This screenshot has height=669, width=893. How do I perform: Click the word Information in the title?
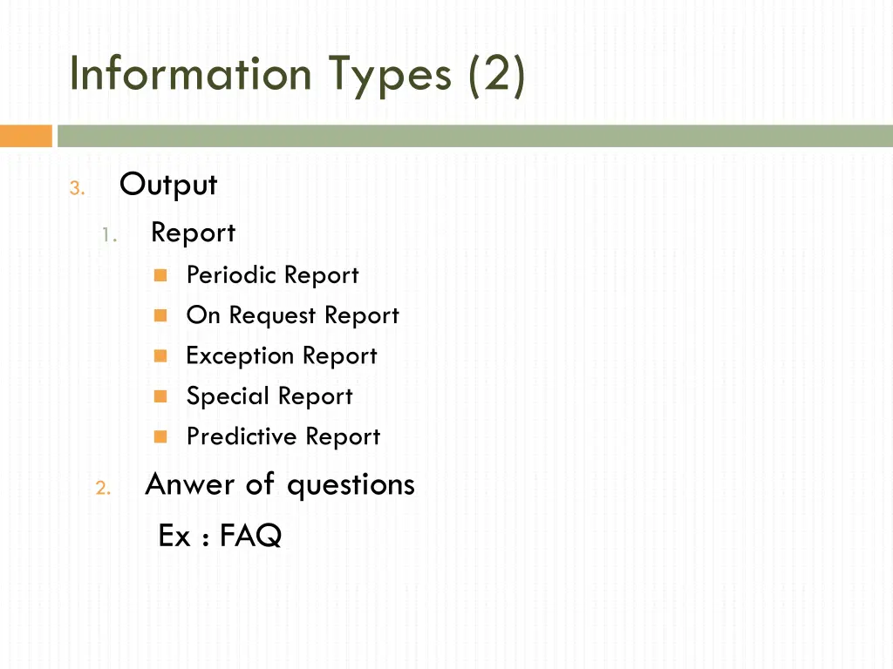tap(190, 73)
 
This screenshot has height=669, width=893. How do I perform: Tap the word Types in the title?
tap(389, 75)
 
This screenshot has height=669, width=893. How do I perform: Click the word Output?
tap(168, 185)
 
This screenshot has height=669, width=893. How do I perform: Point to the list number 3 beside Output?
tap(76, 188)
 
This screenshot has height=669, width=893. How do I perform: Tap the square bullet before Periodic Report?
tap(160, 275)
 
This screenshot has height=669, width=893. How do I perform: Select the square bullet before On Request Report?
tap(160, 315)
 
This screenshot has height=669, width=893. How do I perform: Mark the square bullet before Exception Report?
tap(160, 355)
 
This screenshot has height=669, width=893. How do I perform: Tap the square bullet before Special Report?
tap(160, 395)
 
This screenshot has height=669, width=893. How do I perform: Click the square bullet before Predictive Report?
tap(160, 436)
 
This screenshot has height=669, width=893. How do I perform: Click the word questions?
tap(351, 485)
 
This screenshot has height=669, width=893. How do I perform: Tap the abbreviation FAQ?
tap(250, 536)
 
